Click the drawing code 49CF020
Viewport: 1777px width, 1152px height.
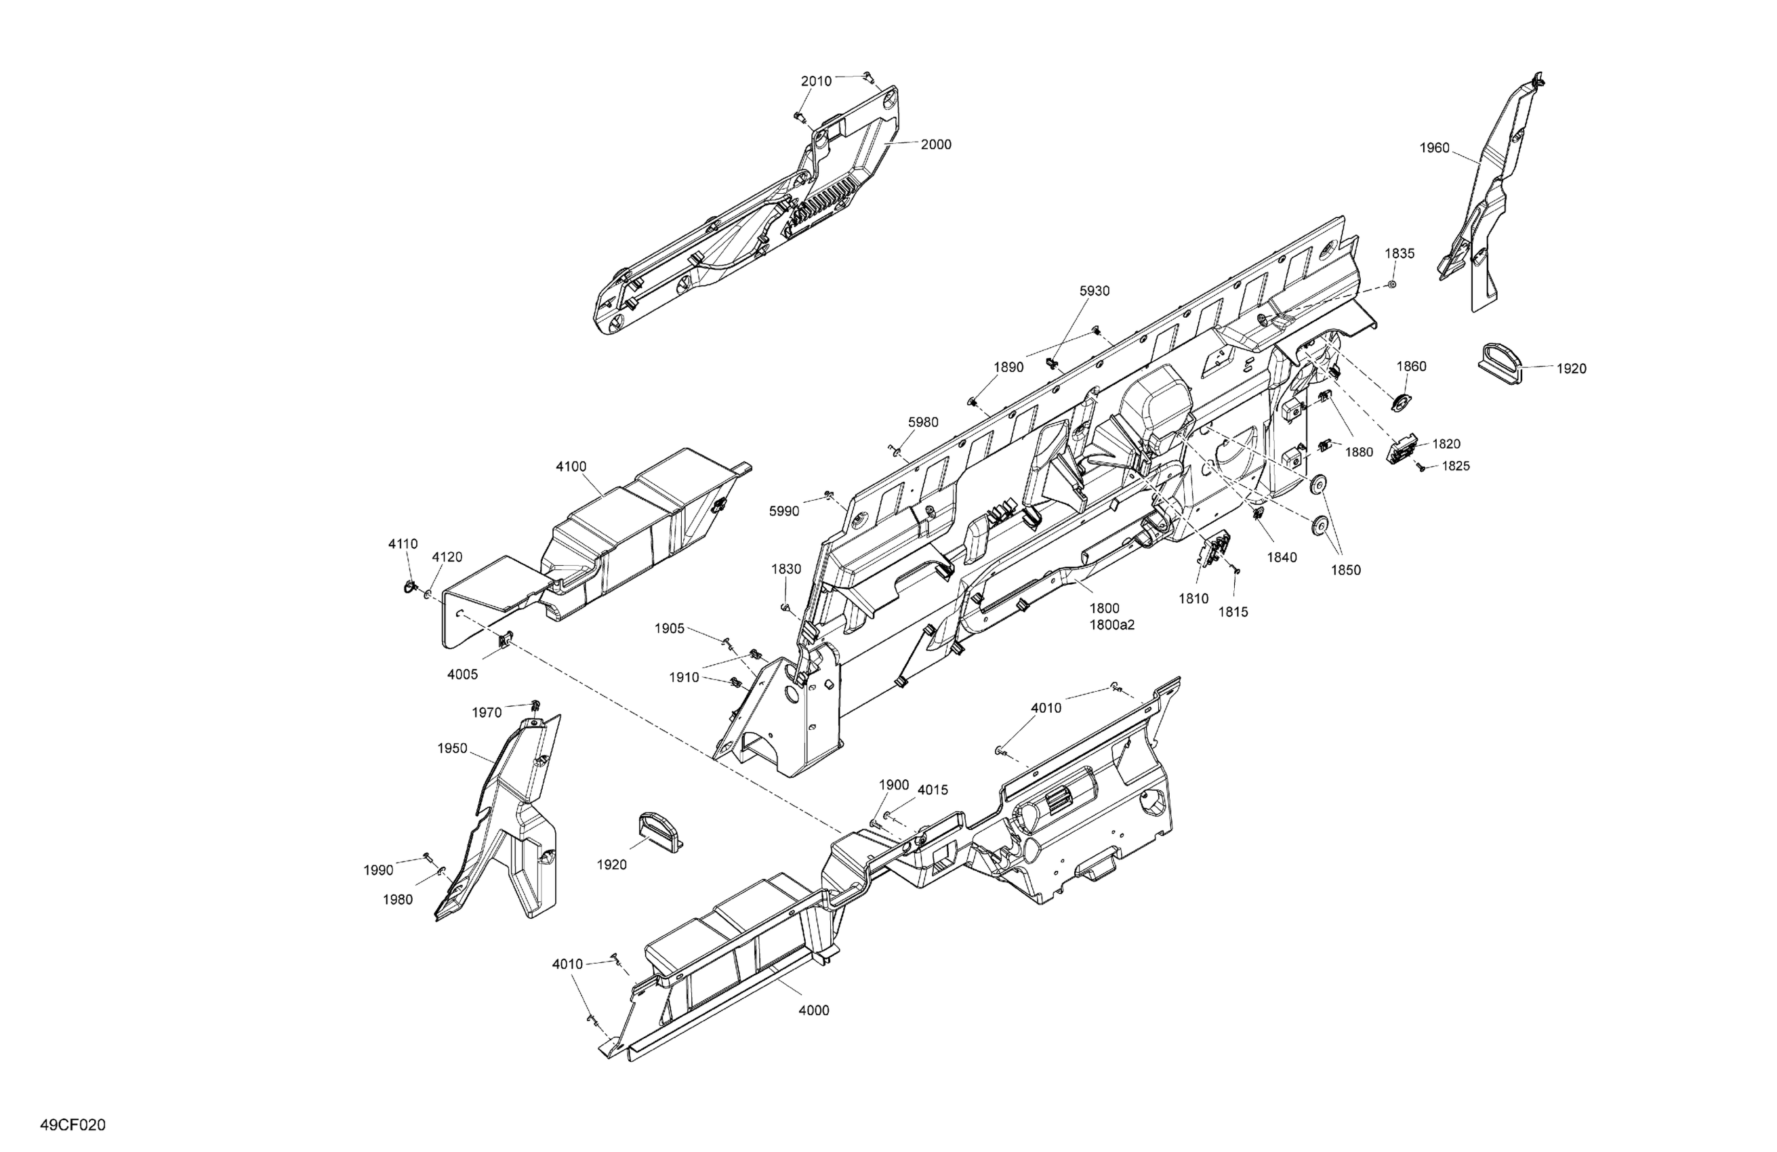point(73,1125)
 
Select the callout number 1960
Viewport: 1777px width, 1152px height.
point(1434,148)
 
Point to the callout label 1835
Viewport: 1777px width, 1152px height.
point(1400,254)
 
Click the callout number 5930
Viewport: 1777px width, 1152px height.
point(1095,291)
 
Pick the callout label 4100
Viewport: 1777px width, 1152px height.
point(571,467)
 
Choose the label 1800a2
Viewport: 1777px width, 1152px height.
point(1111,625)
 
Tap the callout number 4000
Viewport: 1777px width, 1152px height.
point(814,1011)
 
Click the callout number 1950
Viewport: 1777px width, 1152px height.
point(453,749)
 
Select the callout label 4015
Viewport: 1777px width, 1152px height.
point(933,790)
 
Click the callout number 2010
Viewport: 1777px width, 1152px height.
point(816,81)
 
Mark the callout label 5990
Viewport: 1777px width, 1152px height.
point(784,512)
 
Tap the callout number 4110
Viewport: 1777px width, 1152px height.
point(403,544)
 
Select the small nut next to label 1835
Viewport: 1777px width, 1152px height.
point(1393,285)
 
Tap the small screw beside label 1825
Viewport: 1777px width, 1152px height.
point(1423,468)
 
